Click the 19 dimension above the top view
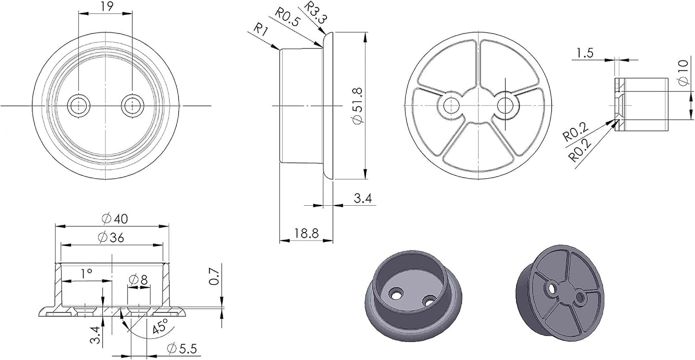[x=107, y=6]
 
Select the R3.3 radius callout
[x=315, y=12]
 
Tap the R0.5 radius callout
[x=288, y=17]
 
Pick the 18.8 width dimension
[x=306, y=233]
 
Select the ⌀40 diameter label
[x=114, y=219]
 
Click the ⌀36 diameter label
[x=111, y=237]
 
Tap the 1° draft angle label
[x=87, y=273]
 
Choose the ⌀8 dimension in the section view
[x=139, y=280]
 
